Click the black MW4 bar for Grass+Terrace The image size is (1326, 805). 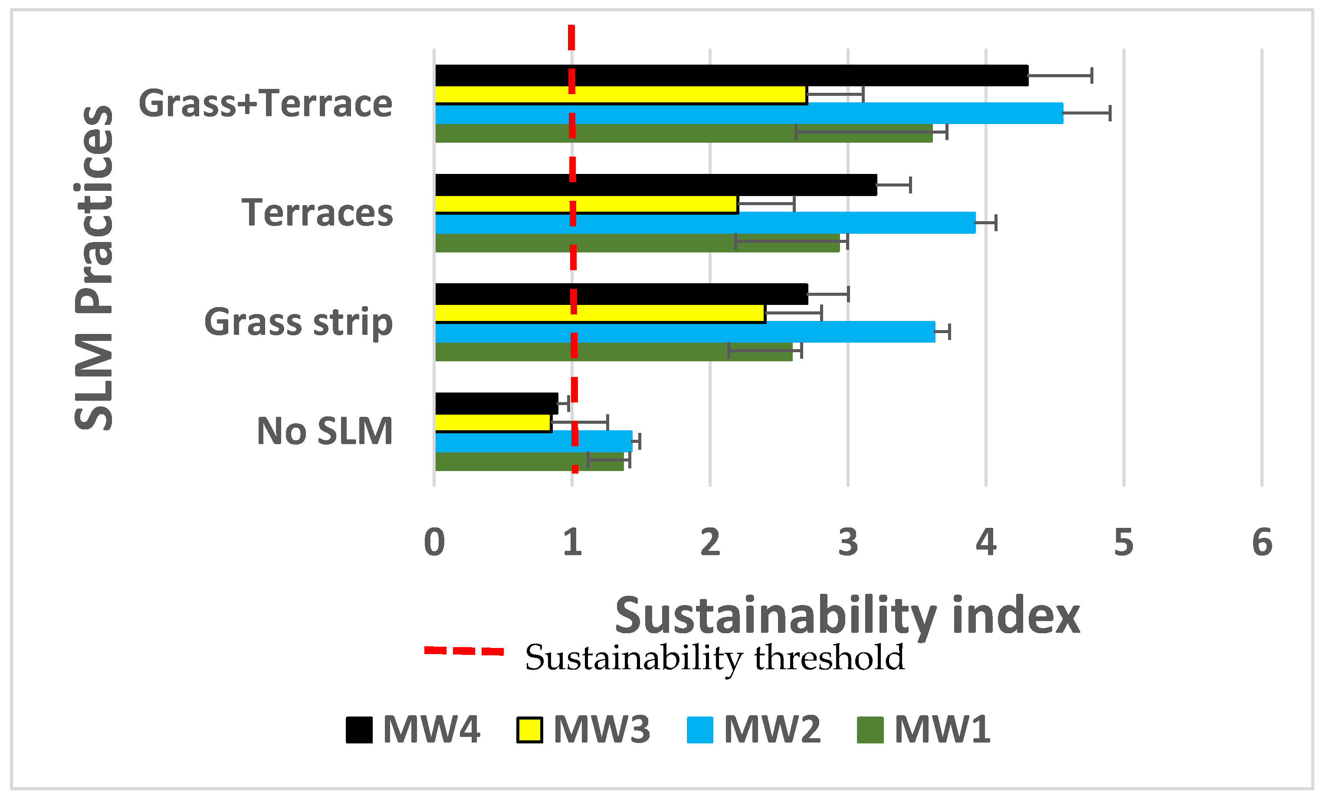tap(732, 75)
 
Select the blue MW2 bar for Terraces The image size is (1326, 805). tap(705, 222)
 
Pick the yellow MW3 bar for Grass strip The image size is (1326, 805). tap(600, 313)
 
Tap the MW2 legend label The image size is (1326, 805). tap(772, 730)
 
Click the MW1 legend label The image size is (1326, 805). tap(942, 730)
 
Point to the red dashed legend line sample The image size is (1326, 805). tap(463, 651)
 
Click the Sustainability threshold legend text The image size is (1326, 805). tap(715, 658)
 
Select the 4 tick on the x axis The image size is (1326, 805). tap(986, 543)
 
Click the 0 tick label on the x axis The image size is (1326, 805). tap(434, 543)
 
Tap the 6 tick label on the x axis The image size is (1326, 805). tap(1262, 543)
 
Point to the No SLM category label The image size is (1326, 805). tap(325, 431)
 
